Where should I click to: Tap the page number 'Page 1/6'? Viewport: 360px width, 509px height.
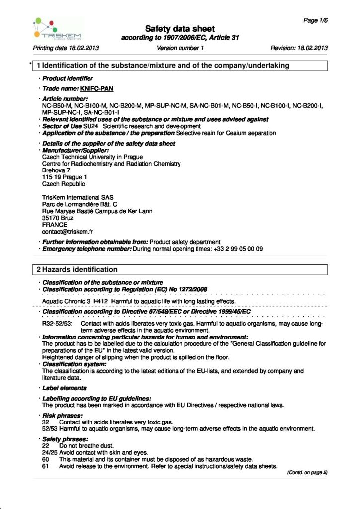click(315, 20)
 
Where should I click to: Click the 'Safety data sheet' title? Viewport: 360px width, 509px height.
click(180, 29)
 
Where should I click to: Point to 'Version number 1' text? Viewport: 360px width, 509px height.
click(180, 48)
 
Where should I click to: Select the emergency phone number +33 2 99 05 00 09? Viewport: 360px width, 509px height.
click(235, 248)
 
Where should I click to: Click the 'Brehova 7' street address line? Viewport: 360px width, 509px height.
click(56, 170)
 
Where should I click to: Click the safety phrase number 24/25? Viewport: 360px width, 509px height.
click(49, 453)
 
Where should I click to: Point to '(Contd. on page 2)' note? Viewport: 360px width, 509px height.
click(307, 472)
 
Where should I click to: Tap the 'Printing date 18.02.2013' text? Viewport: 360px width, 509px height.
click(66, 48)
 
